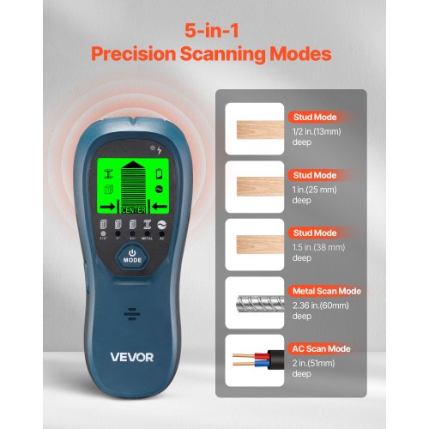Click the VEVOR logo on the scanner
point(132,355)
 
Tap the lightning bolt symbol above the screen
point(159,148)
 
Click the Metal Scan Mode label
point(326,290)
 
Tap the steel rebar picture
point(256,302)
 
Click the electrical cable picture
point(256,360)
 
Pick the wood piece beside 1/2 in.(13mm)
point(256,129)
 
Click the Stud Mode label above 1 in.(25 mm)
point(312,174)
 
